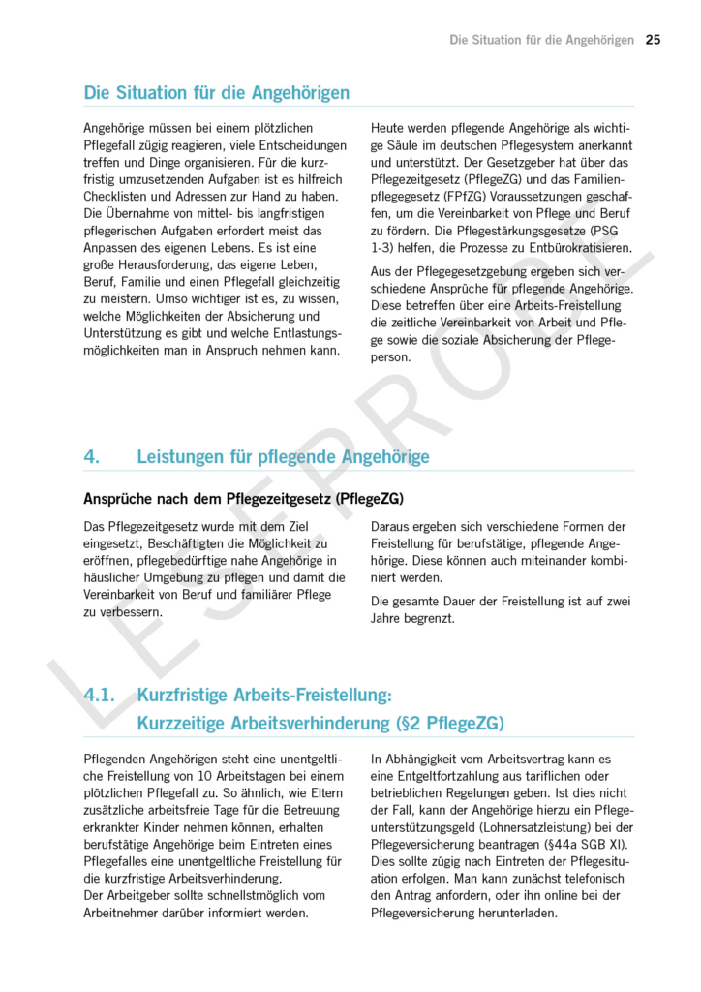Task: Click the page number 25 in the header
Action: click(x=653, y=40)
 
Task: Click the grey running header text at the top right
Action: click(x=542, y=40)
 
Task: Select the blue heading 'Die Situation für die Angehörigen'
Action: click(x=217, y=93)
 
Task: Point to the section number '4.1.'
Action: click(x=100, y=695)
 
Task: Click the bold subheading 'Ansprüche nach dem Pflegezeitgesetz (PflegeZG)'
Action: click(x=244, y=499)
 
